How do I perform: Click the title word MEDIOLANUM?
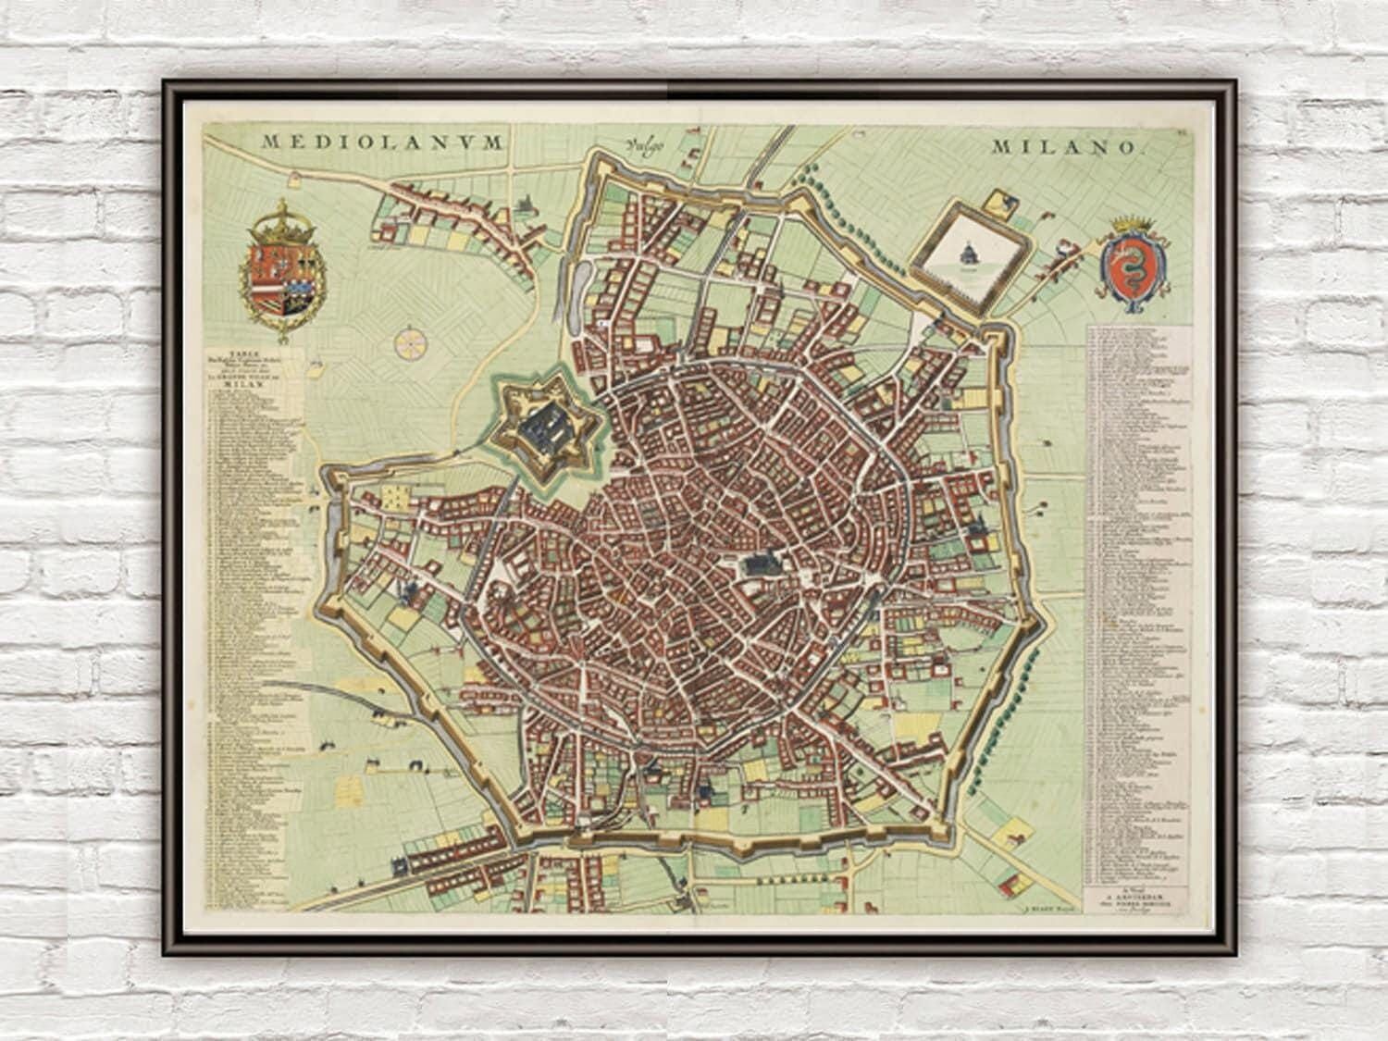[x=382, y=143]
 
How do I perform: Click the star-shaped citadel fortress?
[x=550, y=430]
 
